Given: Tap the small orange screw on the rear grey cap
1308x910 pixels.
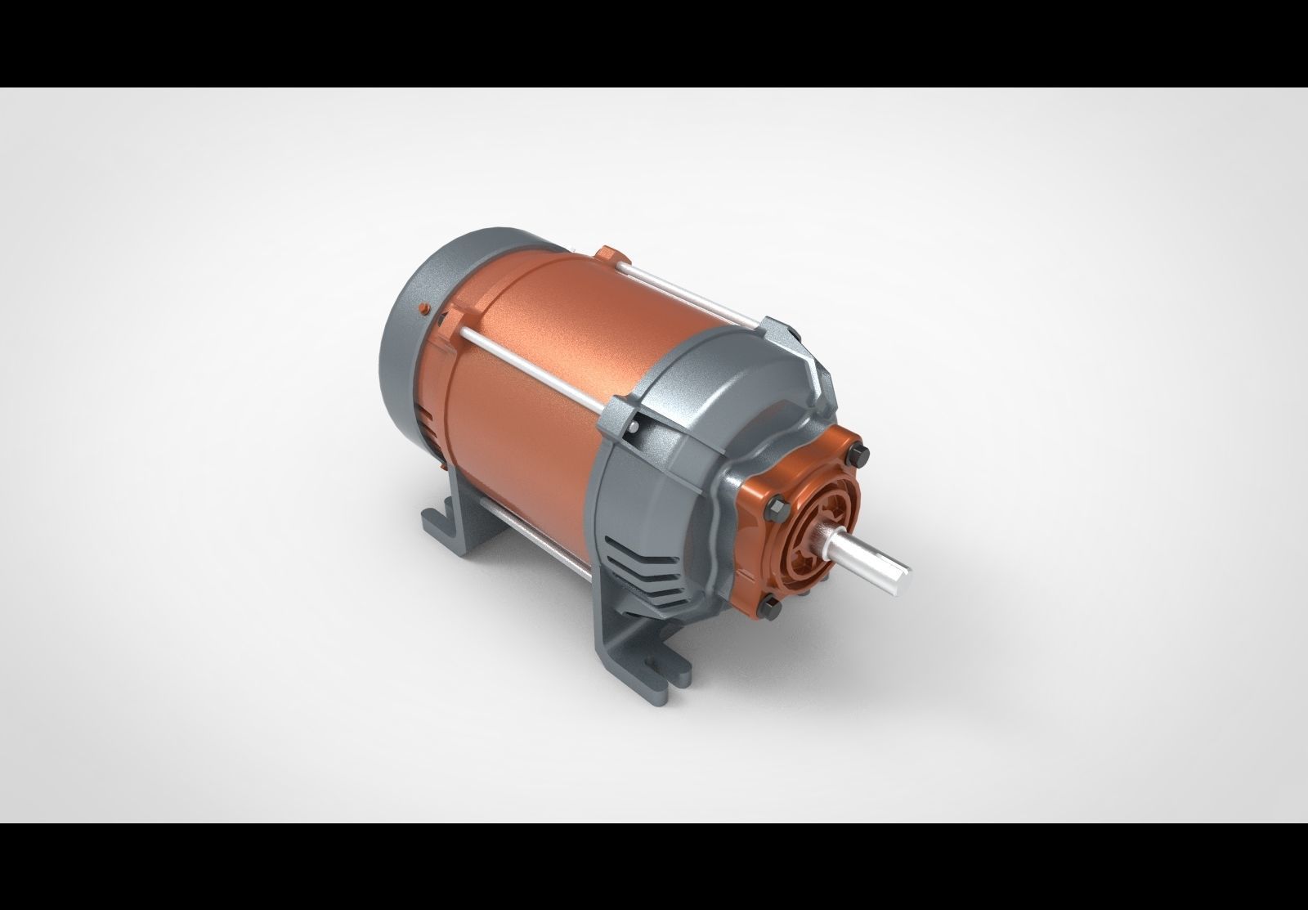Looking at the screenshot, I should click(422, 308).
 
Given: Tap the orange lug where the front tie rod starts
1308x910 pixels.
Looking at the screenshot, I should click(452, 325).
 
